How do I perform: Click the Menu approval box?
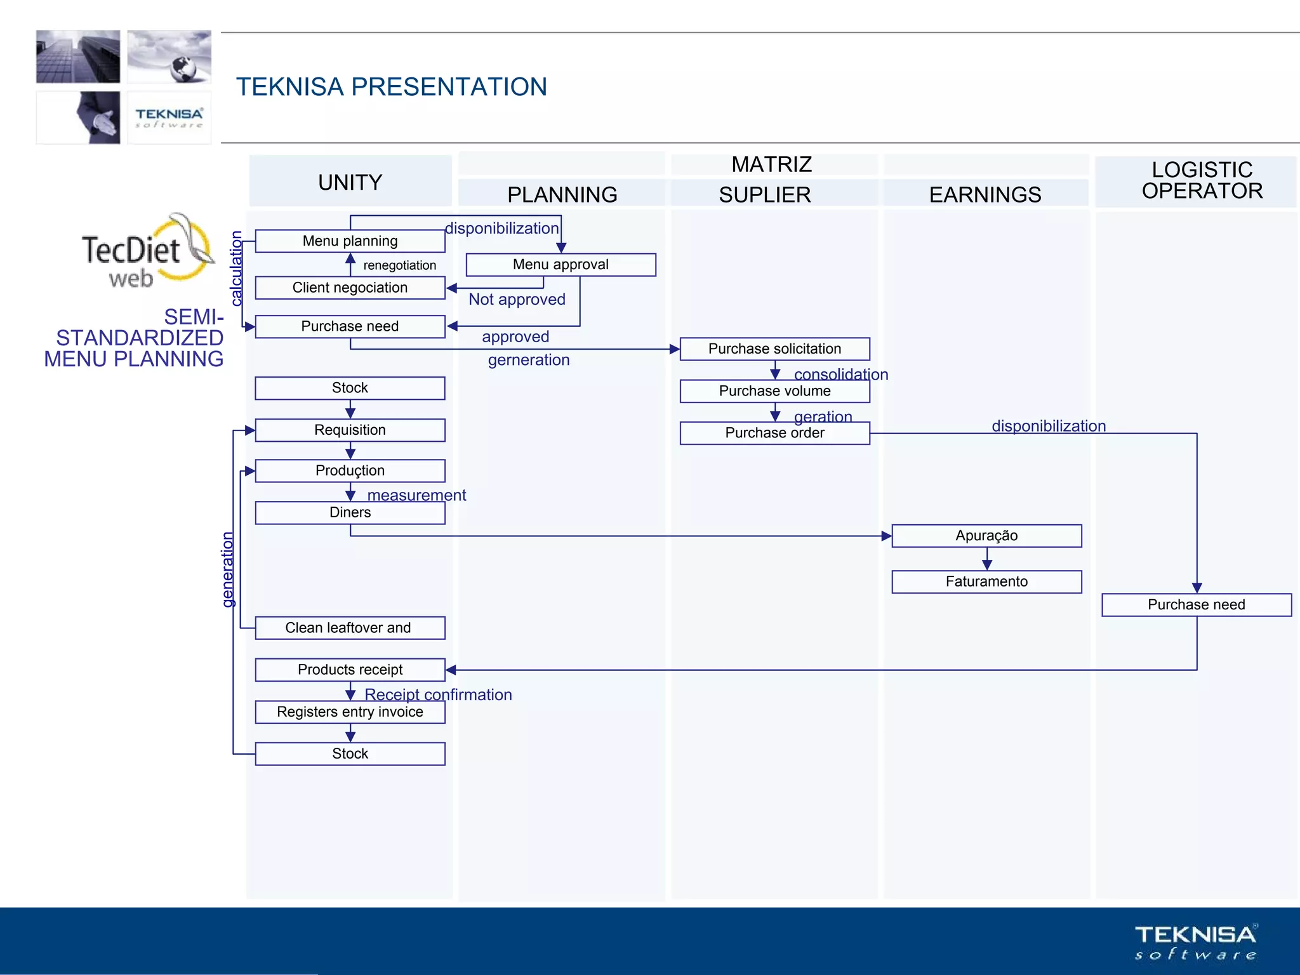point(560,265)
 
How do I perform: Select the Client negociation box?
point(350,288)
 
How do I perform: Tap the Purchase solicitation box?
point(774,349)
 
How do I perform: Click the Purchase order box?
point(774,433)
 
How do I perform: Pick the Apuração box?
point(986,536)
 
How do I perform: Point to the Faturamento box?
point(986,581)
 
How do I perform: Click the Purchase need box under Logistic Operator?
point(1196,605)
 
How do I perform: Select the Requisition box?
point(350,430)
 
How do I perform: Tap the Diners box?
point(350,513)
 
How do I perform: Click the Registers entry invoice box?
point(350,712)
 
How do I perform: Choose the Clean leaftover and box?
point(350,628)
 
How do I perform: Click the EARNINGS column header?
point(985,194)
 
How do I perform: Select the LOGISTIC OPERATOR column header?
point(1202,180)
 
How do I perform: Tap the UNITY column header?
point(350,182)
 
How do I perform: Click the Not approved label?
point(517,300)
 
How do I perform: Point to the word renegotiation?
point(399,265)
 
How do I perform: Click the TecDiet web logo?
point(146,254)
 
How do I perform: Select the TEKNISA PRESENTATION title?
point(391,87)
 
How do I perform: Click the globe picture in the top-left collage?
point(169,56)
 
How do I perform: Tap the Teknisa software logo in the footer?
point(1195,941)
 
